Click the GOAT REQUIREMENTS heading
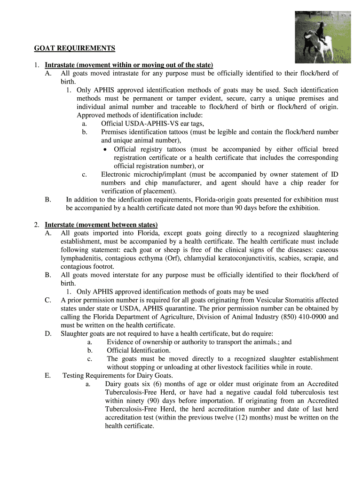(x=74, y=48)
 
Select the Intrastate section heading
(x=129, y=65)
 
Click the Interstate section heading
(x=101, y=225)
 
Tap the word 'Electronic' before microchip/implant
(x=116, y=174)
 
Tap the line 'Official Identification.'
(x=139, y=350)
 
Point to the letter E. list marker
(x=48, y=375)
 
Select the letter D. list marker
(x=48, y=334)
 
